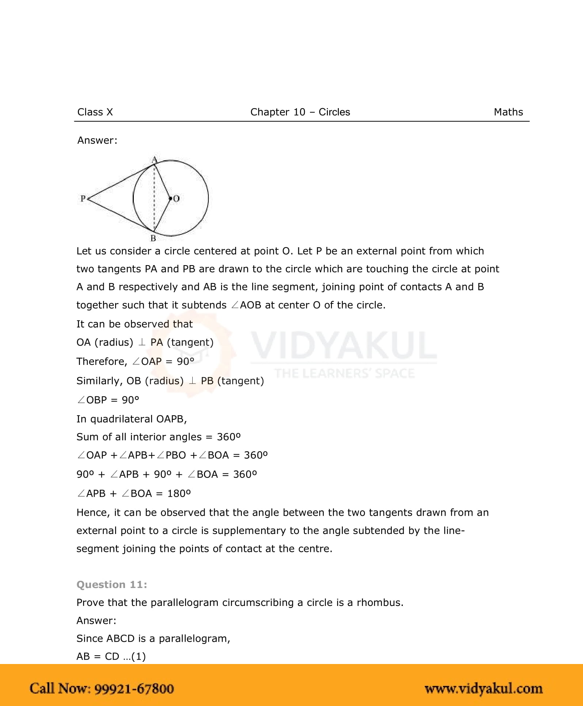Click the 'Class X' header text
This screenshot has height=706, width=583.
click(x=95, y=112)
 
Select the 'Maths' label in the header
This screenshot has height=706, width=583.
click(x=508, y=112)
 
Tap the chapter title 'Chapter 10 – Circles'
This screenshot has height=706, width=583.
click(x=300, y=112)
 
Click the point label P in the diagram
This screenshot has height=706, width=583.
click(x=83, y=198)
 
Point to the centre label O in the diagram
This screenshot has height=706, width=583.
click(x=177, y=199)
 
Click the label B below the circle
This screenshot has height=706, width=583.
click(x=153, y=238)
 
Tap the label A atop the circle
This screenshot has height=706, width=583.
click(x=154, y=160)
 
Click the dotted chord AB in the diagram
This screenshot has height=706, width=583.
click(x=154, y=197)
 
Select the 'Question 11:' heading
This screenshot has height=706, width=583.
click(x=112, y=585)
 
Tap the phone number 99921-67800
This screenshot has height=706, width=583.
click(x=134, y=688)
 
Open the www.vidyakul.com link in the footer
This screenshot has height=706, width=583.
click(x=483, y=688)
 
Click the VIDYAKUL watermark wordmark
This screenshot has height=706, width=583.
click(x=344, y=345)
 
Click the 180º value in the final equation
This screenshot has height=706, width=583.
click(x=179, y=493)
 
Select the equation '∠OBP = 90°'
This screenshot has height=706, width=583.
click(x=108, y=400)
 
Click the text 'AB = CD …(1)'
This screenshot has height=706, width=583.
click(x=111, y=656)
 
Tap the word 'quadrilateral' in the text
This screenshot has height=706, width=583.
click(x=122, y=419)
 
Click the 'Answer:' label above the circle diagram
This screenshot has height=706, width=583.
click(x=97, y=141)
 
